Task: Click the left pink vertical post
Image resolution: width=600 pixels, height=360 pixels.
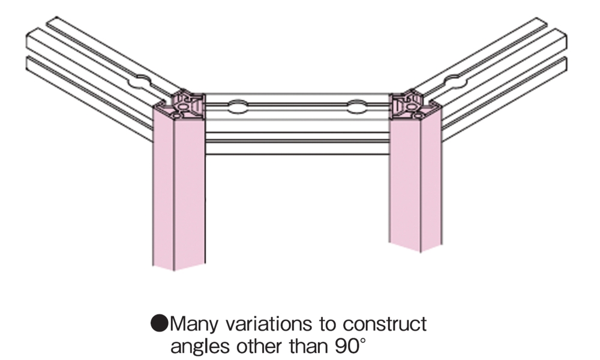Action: click(x=179, y=186)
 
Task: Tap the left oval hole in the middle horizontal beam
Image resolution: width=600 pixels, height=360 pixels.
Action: click(x=237, y=108)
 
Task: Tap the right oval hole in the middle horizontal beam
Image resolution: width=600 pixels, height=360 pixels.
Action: click(x=357, y=109)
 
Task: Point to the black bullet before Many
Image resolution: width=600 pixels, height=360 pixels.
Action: click(x=160, y=325)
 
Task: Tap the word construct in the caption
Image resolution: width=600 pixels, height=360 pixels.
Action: click(x=385, y=325)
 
